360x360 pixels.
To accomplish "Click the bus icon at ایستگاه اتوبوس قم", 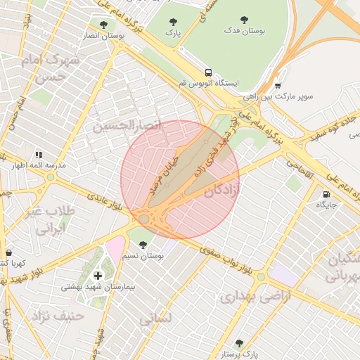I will [x=208, y=72].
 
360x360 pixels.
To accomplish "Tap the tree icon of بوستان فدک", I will [x=244, y=20].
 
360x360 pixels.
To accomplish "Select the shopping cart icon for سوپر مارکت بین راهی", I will [x=278, y=84].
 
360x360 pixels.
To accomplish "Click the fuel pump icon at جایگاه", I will [x=326, y=194].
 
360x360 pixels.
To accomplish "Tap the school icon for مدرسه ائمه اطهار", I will [x=39, y=155].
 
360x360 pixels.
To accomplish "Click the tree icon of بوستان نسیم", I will [x=143, y=245].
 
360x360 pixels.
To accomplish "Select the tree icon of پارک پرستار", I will [x=239, y=343].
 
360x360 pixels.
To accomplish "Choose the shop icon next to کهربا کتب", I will [x=8, y=252].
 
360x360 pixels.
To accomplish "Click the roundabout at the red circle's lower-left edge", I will [x=144, y=219].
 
